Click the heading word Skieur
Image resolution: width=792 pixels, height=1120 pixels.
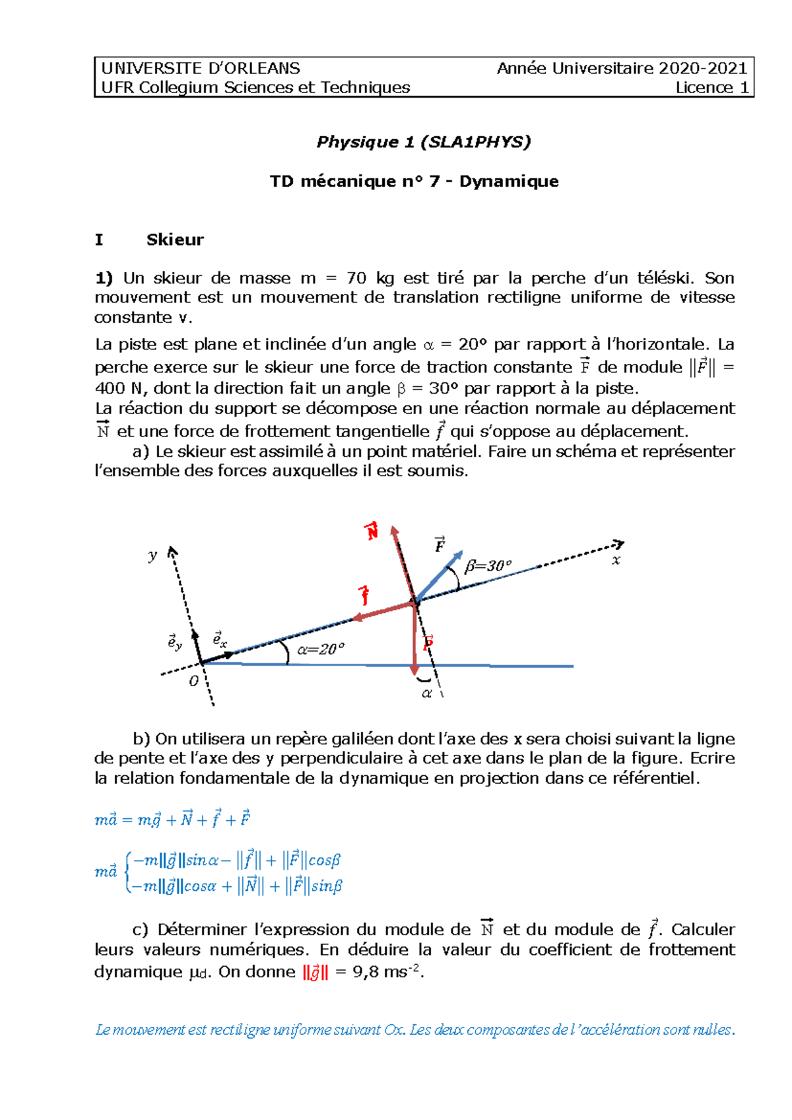tap(175, 239)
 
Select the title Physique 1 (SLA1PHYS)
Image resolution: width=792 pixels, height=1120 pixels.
tap(423, 142)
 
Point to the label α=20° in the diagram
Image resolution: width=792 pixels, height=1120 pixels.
tap(321, 649)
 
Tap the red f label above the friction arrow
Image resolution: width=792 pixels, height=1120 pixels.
tap(364, 595)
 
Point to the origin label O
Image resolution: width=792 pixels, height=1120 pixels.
tap(193, 681)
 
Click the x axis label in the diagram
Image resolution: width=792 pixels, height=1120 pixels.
tap(616, 561)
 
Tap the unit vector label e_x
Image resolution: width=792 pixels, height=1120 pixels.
tap(219, 639)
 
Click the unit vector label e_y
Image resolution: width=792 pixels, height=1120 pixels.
tap(174, 641)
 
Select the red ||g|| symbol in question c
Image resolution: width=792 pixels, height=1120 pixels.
tap(315, 973)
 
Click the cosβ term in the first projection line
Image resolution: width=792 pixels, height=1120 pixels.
tap(324, 860)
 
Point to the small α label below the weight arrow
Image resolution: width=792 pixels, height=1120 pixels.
tap(426, 693)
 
